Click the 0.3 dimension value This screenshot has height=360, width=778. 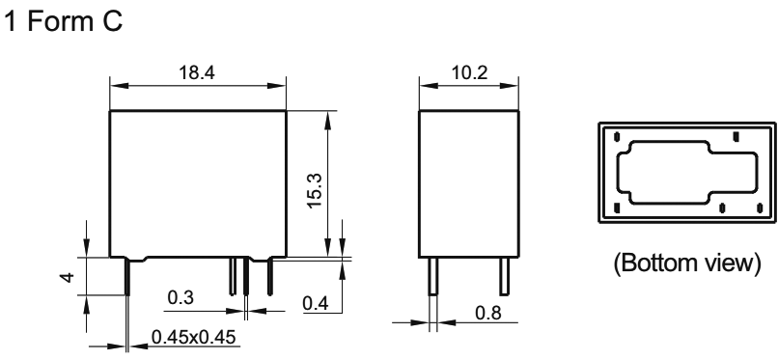[x=180, y=299]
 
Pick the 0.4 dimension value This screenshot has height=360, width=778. [x=315, y=304]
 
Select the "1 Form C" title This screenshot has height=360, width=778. [x=65, y=19]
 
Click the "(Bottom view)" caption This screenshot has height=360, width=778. [x=686, y=263]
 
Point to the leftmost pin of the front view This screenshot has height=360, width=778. [x=127, y=277]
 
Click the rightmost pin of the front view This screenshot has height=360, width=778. [x=269, y=276]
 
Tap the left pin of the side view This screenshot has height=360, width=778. [x=433, y=278]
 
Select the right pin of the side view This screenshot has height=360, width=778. [x=503, y=278]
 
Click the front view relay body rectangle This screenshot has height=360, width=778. [x=197, y=183]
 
